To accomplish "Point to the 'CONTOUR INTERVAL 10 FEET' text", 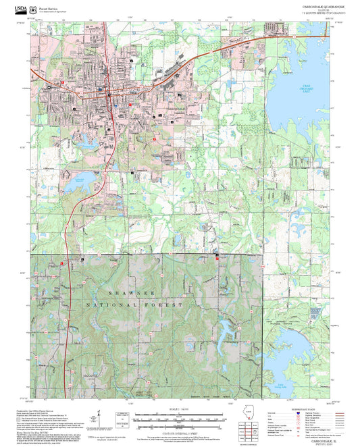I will point(179,425).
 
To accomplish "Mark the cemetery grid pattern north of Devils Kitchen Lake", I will point(313,313).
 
